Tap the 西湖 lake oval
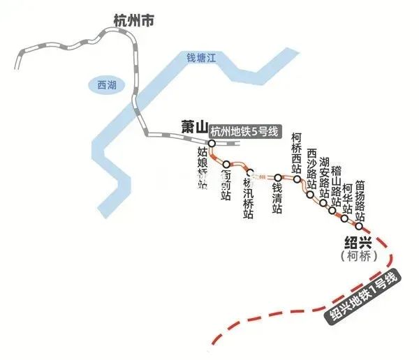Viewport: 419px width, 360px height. pos(107,85)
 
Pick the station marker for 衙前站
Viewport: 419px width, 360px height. pos(226,165)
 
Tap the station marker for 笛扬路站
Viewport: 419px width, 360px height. pos(359,225)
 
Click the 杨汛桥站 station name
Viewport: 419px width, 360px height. pos(247,198)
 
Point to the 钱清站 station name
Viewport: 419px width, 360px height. pos(277,199)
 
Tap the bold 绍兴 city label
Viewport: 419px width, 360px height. pos(359,243)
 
